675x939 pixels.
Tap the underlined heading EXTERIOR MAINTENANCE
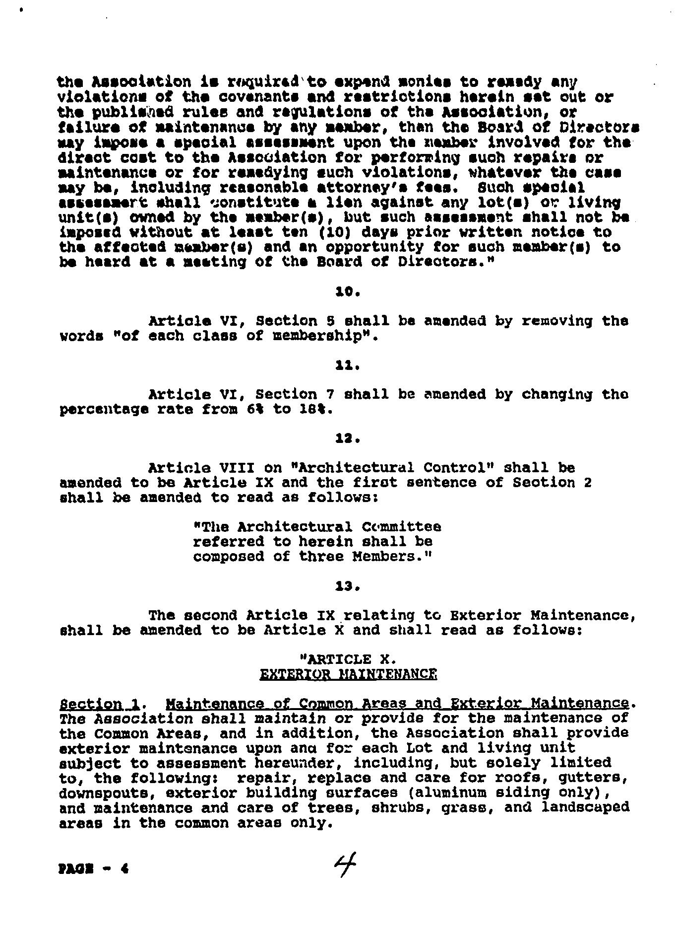[348, 674]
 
